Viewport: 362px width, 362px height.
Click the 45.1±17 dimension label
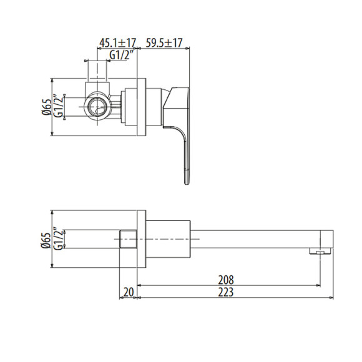click(x=118, y=43)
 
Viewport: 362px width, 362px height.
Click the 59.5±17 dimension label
click(x=164, y=42)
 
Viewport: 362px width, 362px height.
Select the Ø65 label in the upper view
click(x=46, y=107)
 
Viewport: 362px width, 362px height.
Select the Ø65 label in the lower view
click(x=46, y=240)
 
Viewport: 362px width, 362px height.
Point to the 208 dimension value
click(x=226, y=280)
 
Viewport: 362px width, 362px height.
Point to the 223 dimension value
click(x=226, y=292)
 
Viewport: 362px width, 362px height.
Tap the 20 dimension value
click(x=129, y=292)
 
